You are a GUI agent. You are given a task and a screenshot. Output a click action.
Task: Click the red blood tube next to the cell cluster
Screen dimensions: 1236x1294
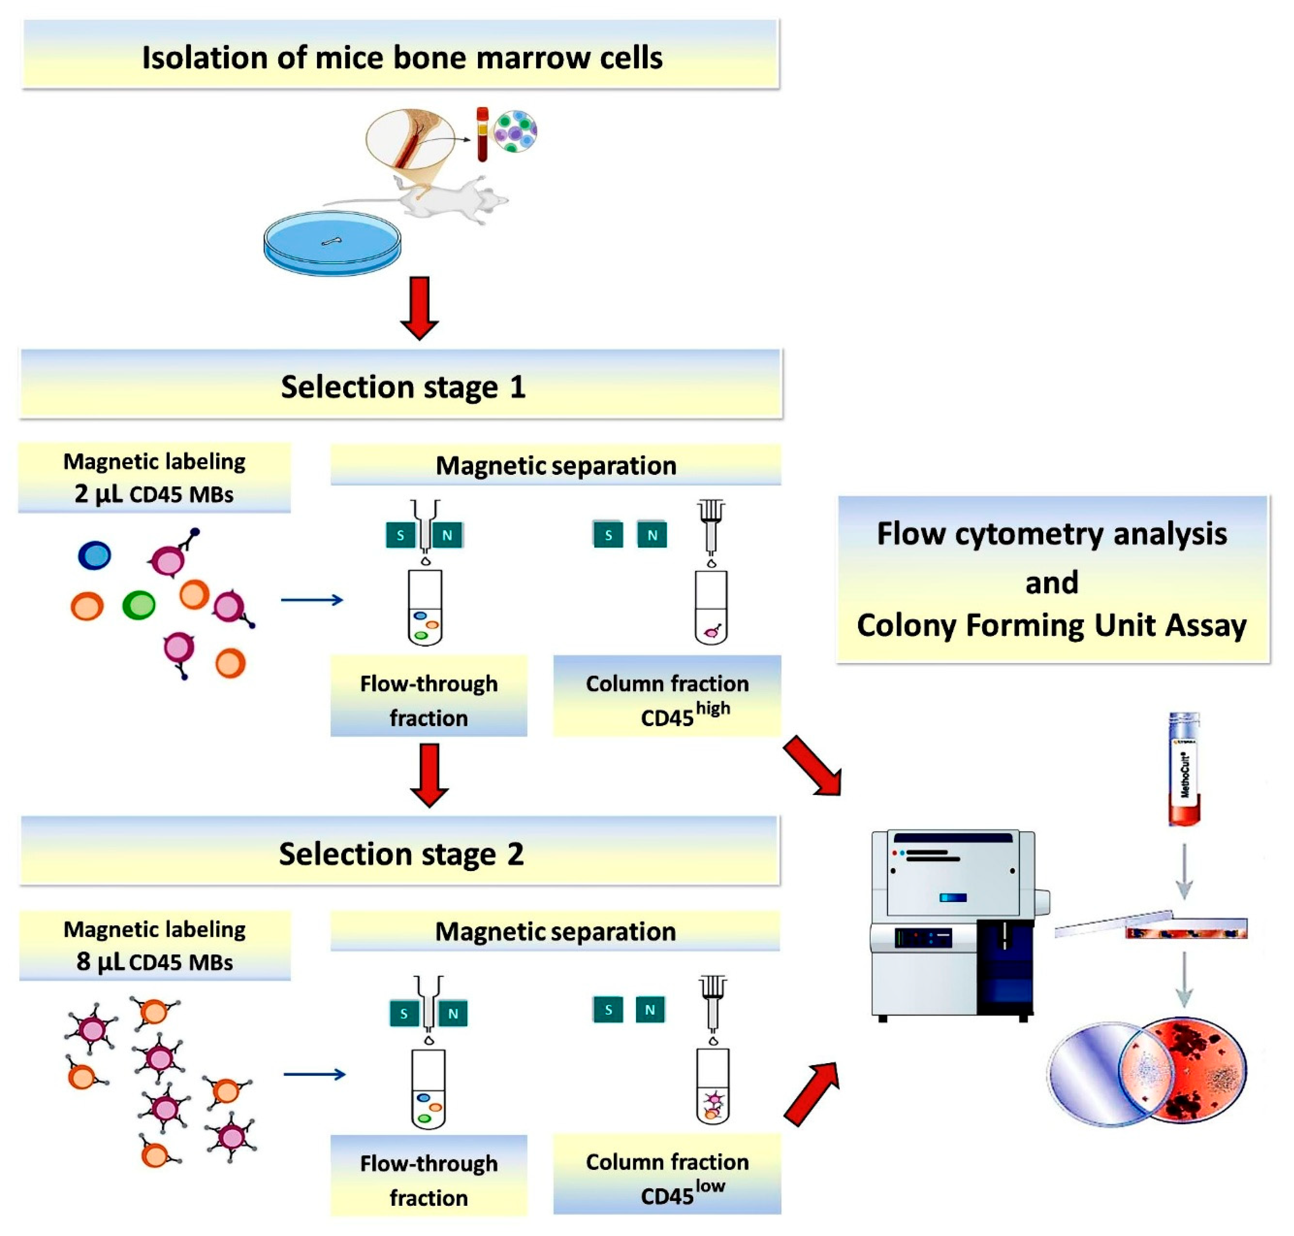pyautogui.click(x=482, y=135)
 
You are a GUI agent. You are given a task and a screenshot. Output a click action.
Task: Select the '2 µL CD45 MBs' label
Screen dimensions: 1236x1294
pyautogui.click(x=154, y=493)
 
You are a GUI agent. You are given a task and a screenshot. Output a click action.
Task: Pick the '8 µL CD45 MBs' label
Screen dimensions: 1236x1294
pyautogui.click(x=154, y=961)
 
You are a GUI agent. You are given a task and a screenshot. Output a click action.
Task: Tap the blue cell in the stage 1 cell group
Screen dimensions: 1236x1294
pyautogui.click(x=94, y=555)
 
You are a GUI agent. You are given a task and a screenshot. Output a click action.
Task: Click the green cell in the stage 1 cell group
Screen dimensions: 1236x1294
pyautogui.click(x=138, y=605)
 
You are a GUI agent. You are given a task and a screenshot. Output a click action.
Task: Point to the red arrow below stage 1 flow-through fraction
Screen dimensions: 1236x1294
pyautogui.click(x=429, y=775)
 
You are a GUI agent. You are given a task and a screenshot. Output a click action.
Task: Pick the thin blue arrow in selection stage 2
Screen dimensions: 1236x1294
pyautogui.click(x=314, y=1075)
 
